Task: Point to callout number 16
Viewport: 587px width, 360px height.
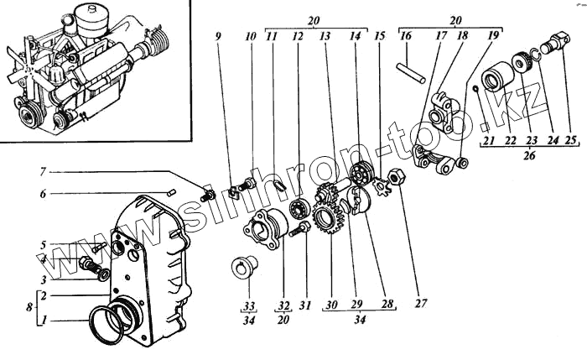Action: coord(405,37)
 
